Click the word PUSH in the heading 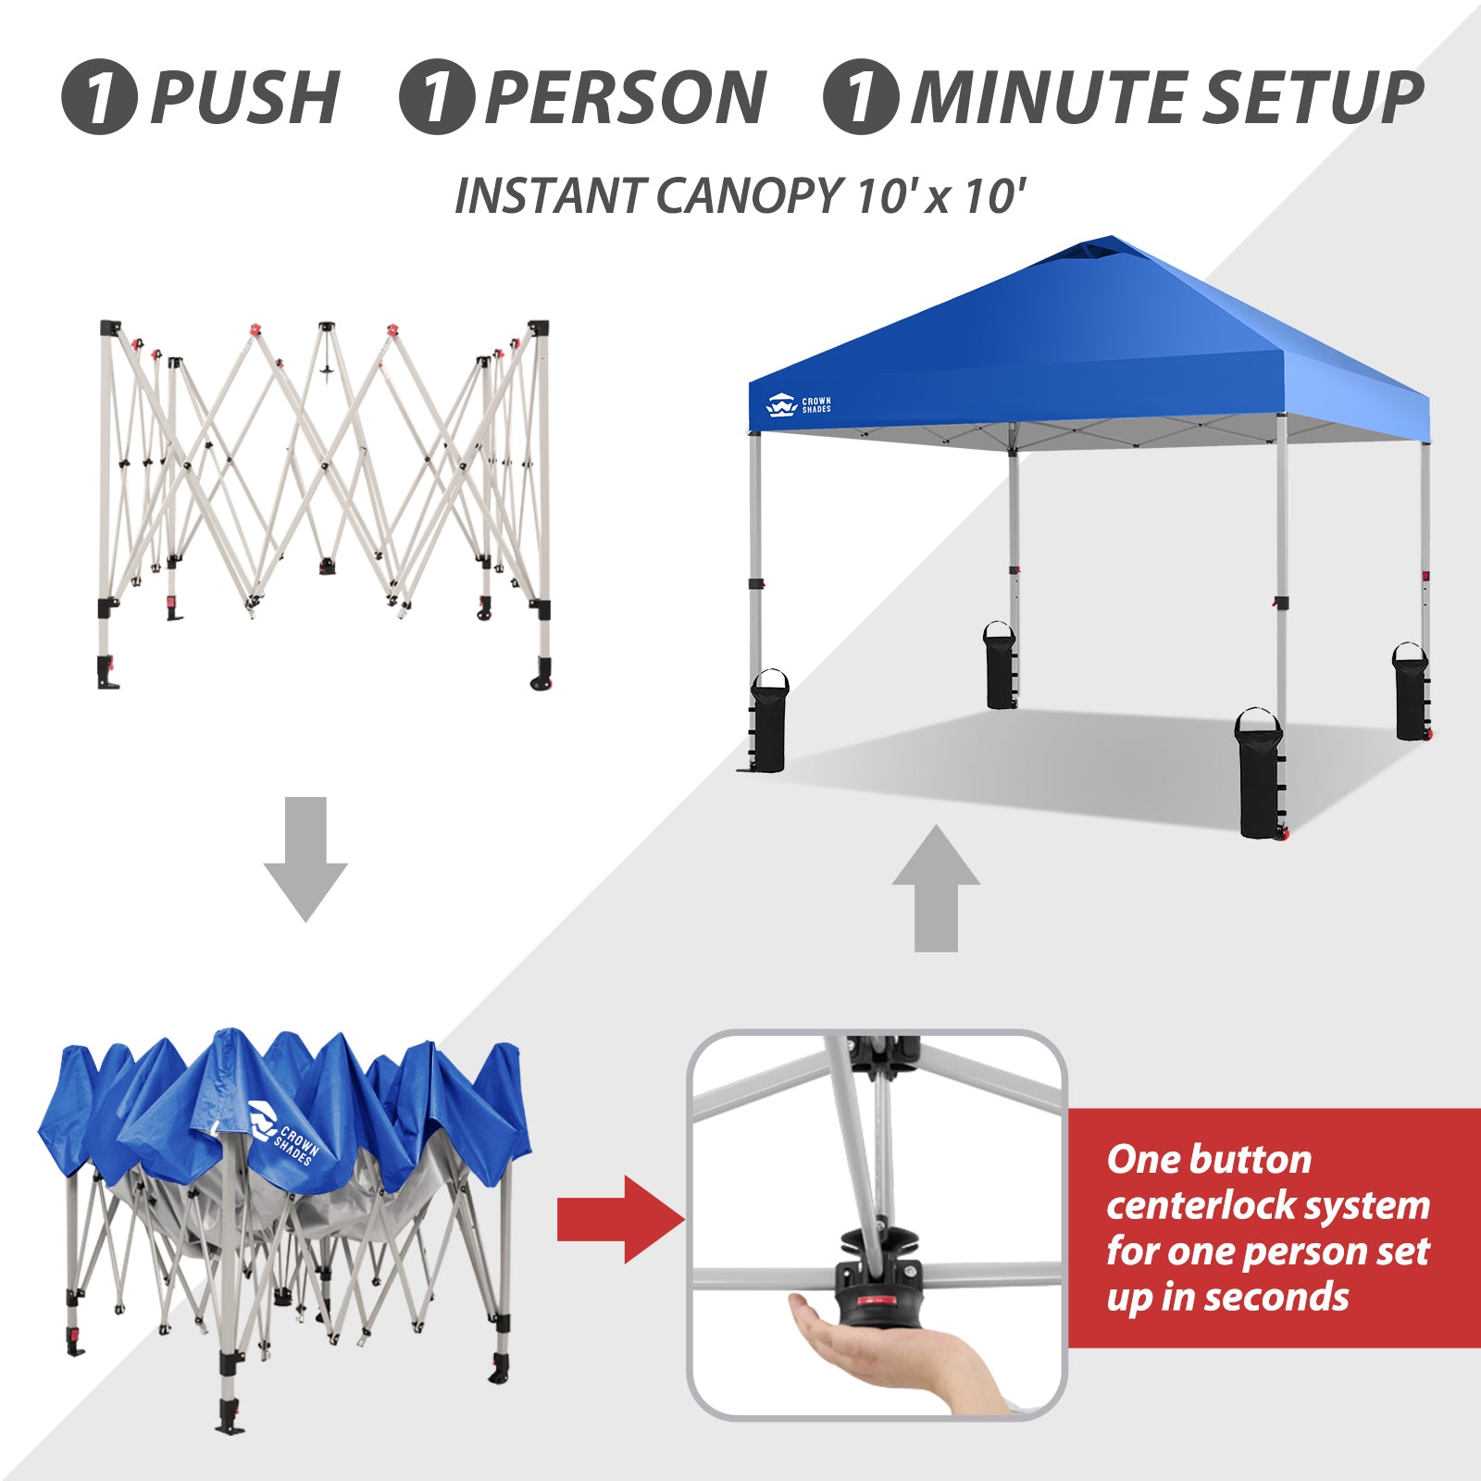click(245, 97)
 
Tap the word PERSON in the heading click(627, 97)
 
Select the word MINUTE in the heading click(1052, 97)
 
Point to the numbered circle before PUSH click(100, 97)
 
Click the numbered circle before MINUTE click(861, 97)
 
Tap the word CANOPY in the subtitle click(750, 196)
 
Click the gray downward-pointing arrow click(305, 859)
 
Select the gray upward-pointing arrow click(936, 889)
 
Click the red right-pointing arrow click(621, 1219)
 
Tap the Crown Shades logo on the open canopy click(799, 405)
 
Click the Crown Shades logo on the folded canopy click(283, 1132)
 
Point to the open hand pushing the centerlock click(889, 1351)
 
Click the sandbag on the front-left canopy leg click(768, 721)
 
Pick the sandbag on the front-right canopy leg click(1259, 774)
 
